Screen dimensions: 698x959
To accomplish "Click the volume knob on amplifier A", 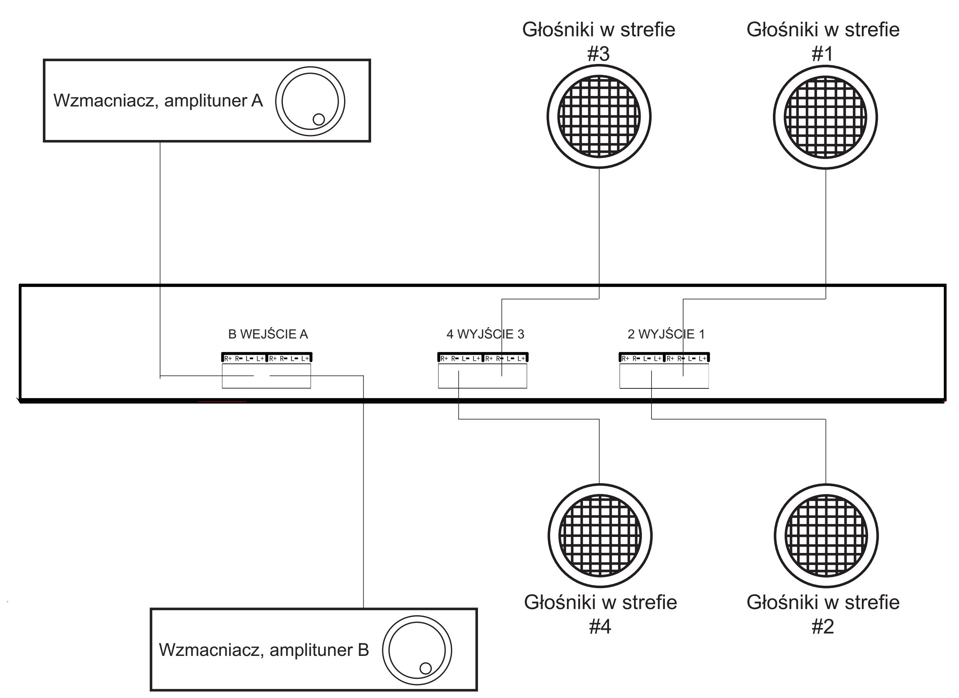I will pos(310,101).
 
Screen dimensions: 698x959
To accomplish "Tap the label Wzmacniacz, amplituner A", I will pos(158,101).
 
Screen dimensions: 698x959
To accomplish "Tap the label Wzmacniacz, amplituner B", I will pos(264,650).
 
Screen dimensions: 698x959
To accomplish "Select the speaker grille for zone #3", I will pos(599,117).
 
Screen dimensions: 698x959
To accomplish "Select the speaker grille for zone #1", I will pos(825,117).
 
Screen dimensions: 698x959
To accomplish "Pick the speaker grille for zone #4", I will pos(600,536).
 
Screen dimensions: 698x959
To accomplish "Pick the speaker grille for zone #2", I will pos(826,536).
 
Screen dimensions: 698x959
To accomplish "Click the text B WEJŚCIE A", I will pos(268,334).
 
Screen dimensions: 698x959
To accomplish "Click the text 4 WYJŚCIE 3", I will pos(485,334).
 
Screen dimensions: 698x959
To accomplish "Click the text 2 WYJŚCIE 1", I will pos(666,334).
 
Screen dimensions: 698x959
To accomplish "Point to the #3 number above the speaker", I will pos(598,54).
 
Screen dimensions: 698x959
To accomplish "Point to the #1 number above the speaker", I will pos(822,54).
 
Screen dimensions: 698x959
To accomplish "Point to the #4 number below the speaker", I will pos(600,627).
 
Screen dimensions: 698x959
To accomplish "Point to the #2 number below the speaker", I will pos(822,627).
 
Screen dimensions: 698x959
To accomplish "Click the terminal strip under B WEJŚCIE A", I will pos(266,358).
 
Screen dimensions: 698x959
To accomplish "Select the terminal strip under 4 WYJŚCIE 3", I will pos(483,358).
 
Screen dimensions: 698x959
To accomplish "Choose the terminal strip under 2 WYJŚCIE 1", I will pos(664,358).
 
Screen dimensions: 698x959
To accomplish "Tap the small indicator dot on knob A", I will pos(318,120).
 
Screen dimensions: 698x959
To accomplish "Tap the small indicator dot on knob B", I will pos(425,668).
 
